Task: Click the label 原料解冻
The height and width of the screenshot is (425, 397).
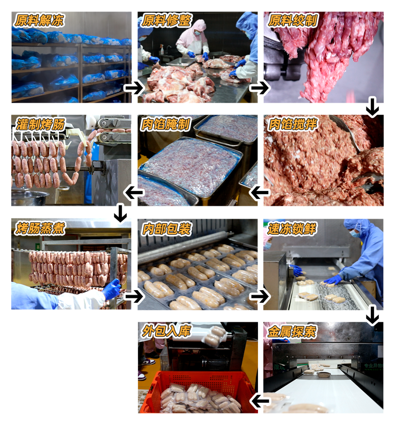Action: (x=39, y=21)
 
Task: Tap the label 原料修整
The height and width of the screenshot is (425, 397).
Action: (x=166, y=21)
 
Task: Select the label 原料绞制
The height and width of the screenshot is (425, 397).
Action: (x=293, y=21)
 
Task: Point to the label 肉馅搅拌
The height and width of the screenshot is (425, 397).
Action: (x=293, y=125)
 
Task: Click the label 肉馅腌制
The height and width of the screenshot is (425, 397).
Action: (x=165, y=125)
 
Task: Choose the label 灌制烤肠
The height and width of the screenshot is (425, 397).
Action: (x=40, y=125)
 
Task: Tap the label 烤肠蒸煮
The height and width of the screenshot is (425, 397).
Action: (x=40, y=228)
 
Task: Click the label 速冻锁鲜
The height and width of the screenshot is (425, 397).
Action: (x=292, y=229)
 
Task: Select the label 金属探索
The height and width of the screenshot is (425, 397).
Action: (x=292, y=332)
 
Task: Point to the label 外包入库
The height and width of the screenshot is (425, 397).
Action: (x=166, y=331)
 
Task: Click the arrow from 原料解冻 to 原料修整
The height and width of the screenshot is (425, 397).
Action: (x=134, y=87)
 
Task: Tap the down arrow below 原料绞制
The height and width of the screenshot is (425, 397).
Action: (x=372, y=107)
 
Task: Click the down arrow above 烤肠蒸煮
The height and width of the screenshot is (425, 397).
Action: (x=120, y=213)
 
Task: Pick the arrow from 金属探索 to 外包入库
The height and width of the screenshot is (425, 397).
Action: (x=260, y=401)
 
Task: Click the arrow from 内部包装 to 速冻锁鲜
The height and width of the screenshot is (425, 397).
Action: (x=260, y=296)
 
